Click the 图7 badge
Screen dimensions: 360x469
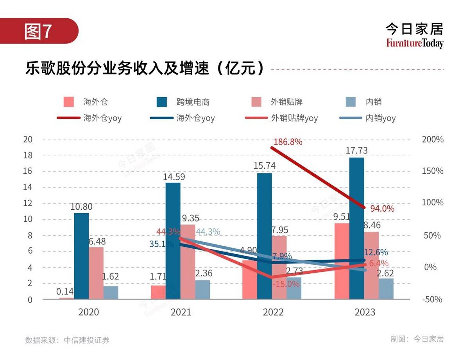coord(38,31)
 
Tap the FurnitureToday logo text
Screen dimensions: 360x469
coord(415,43)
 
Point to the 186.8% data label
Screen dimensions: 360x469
coord(288,142)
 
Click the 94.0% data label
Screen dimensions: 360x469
coord(382,209)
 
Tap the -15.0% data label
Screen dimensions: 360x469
coord(286,284)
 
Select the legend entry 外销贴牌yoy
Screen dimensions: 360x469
coord(294,118)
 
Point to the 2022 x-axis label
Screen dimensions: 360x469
coord(273,312)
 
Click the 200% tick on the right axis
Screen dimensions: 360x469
coord(433,139)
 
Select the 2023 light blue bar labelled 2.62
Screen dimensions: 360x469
coord(386,289)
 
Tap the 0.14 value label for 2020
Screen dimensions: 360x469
coord(65,292)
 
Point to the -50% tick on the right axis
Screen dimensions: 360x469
coord(432,299)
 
